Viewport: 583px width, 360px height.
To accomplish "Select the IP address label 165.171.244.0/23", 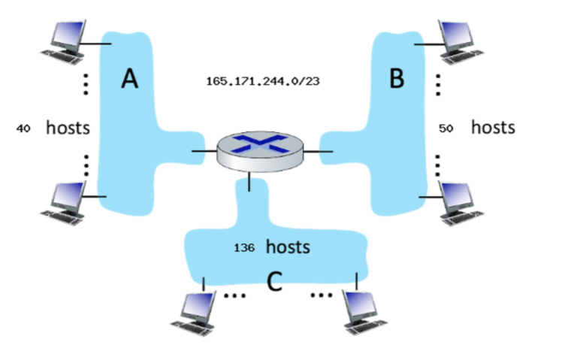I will click(x=262, y=80).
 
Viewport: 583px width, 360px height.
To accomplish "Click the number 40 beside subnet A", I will click(x=23, y=129).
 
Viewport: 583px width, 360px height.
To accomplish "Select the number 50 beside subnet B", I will click(x=446, y=129).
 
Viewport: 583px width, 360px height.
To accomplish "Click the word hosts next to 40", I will click(x=68, y=128).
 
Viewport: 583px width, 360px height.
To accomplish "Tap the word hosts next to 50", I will click(x=493, y=127).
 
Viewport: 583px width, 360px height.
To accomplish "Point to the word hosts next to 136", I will click(x=288, y=247).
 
